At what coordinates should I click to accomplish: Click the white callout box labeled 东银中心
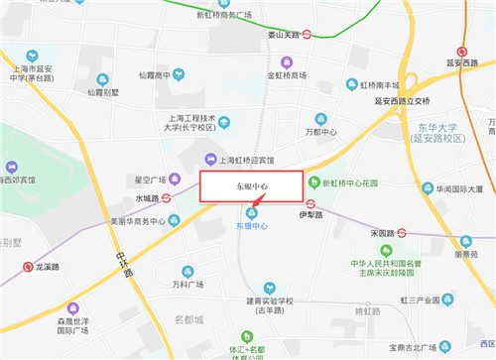coord(252,186)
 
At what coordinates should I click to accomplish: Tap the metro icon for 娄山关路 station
coord(309,33)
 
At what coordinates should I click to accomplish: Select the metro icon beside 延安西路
coord(461,53)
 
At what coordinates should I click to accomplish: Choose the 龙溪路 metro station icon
coord(27,266)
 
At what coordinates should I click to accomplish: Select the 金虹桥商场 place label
coord(287,74)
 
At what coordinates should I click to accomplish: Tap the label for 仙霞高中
coord(162,74)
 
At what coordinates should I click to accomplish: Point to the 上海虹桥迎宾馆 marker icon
coord(209,160)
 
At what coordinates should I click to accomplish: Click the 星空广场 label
coord(154,180)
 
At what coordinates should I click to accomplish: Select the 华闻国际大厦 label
coord(452,188)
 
